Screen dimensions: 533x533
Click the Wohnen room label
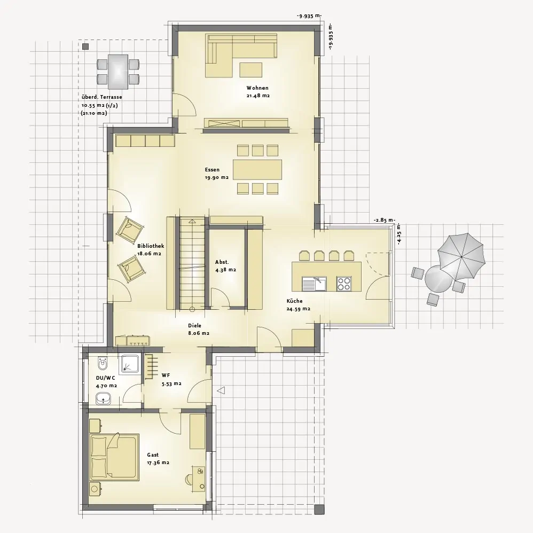point(257,88)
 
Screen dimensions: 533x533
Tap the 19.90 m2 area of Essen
point(216,177)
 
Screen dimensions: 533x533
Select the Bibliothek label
point(151,246)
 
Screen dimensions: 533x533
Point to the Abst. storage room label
point(222,262)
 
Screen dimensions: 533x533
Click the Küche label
point(294,301)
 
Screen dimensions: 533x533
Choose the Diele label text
point(194,326)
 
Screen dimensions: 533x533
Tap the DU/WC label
point(105,378)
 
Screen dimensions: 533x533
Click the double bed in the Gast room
point(114,457)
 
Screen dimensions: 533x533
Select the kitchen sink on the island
point(313,284)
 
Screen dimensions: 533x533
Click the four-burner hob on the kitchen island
point(343,284)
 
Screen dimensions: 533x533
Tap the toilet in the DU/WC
point(102,364)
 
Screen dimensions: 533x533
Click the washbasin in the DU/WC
point(103,398)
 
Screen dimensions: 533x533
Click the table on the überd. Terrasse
point(118,72)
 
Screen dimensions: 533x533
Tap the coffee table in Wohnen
point(251,69)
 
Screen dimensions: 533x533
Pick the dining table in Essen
point(257,169)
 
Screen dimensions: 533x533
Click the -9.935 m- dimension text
point(309,16)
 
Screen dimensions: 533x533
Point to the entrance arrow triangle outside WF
point(221,390)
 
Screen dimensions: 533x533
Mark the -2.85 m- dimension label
point(384,220)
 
